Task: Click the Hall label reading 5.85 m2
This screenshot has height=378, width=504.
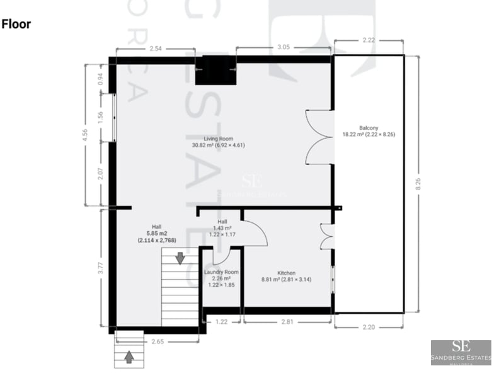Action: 156,233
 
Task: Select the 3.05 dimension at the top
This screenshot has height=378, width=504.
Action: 283,48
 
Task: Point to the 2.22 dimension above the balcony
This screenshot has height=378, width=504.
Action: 368,40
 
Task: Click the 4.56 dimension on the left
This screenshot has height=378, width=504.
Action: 86,135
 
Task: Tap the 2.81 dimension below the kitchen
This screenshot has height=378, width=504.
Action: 286,321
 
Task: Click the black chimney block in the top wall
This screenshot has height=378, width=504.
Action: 215,71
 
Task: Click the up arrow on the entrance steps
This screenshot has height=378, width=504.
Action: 129,357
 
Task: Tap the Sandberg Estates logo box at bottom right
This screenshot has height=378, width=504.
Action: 461,353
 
